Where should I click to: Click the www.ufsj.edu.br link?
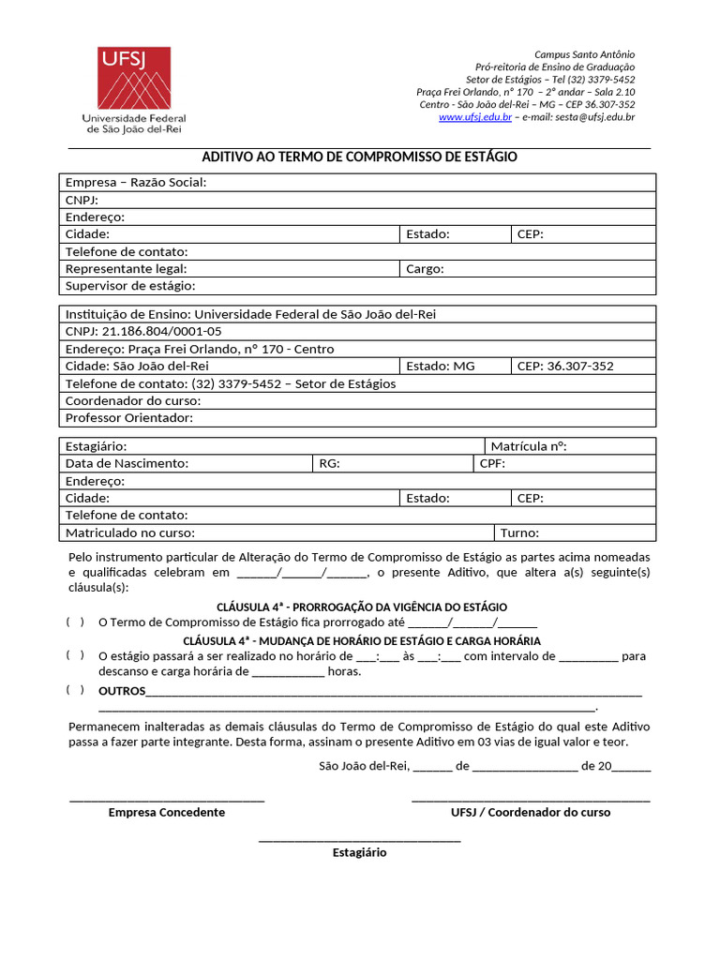(x=474, y=117)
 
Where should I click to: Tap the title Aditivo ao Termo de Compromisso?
(x=359, y=157)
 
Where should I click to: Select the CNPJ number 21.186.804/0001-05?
(x=159, y=331)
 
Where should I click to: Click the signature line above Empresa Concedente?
(x=167, y=799)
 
